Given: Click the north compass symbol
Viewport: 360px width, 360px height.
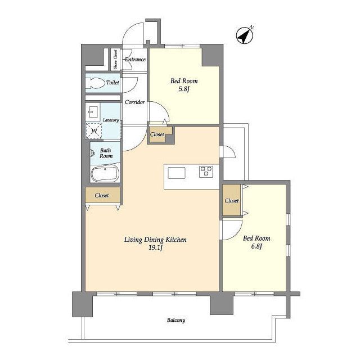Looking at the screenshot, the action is (245, 35).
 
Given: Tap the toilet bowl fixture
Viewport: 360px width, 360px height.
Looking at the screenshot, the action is (95, 83).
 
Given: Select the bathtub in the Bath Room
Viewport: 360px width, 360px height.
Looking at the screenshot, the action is (105, 174).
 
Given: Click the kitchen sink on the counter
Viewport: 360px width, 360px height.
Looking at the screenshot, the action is (177, 173).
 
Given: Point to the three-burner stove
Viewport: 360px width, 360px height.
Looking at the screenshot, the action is (206, 172).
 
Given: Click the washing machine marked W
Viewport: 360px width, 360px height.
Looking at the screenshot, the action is (94, 131).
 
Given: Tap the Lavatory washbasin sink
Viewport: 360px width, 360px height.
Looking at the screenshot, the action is (93, 112).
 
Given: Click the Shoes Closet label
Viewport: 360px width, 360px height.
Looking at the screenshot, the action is (115, 59).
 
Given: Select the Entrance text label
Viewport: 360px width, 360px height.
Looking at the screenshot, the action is (135, 60).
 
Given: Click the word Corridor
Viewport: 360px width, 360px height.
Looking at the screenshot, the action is (135, 102).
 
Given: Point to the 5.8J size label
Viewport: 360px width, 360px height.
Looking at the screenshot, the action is (183, 89).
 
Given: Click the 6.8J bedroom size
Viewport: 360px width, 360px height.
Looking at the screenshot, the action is (256, 246).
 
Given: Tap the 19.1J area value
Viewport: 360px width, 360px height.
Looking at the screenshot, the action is (156, 247).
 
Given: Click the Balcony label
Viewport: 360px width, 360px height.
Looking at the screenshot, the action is (176, 320).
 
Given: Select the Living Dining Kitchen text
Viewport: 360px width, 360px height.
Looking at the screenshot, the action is (155, 240).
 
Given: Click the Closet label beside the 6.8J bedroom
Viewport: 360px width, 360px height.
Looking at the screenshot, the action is (232, 201).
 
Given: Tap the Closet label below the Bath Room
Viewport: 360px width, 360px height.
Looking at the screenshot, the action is (102, 195).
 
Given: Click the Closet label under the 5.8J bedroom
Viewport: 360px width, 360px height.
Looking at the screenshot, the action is (157, 134).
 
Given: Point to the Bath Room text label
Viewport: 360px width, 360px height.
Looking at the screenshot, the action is (106, 153).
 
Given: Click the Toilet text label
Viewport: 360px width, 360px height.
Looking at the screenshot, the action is (112, 83).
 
